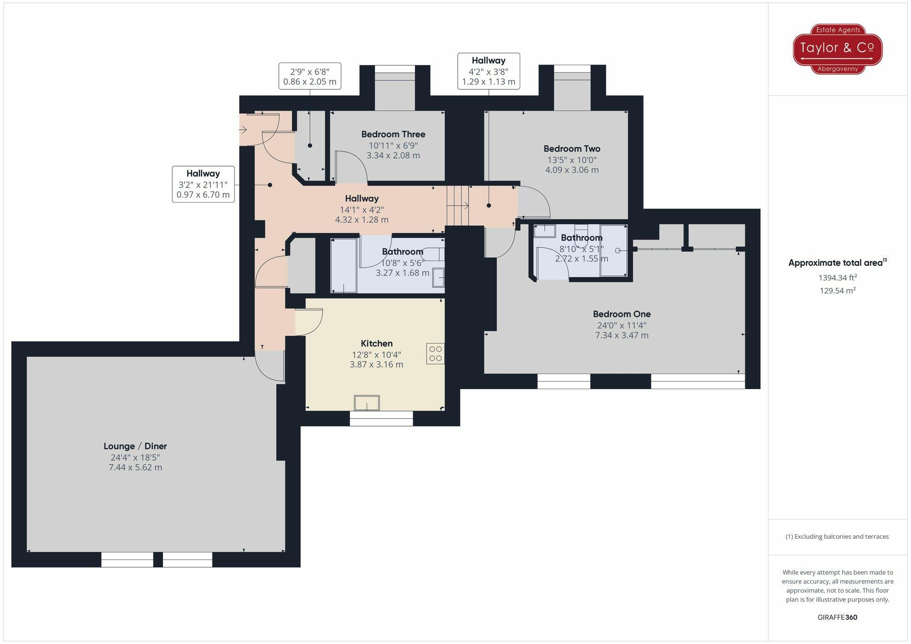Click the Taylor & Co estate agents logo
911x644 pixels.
click(838, 49)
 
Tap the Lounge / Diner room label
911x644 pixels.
click(135, 446)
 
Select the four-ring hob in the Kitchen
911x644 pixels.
click(435, 354)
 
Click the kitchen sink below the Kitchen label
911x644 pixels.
click(367, 403)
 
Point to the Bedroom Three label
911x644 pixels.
click(393, 134)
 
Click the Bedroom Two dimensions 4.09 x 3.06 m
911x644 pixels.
click(572, 170)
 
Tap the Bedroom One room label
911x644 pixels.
click(621, 314)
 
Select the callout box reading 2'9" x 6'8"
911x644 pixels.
click(310, 76)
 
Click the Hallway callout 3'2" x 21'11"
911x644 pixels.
click(203, 184)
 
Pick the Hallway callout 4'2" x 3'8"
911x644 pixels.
click(488, 71)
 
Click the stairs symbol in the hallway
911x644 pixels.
click(458, 206)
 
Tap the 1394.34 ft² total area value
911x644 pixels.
click(837, 278)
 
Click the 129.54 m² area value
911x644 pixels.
click(837, 290)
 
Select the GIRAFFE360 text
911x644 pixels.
click(837, 617)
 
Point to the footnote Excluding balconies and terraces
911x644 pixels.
click(837, 537)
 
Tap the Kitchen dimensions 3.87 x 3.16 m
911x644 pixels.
click(376, 365)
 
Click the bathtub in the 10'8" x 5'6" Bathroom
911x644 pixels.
click(343, 265)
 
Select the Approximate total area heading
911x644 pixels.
click(837, 263)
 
